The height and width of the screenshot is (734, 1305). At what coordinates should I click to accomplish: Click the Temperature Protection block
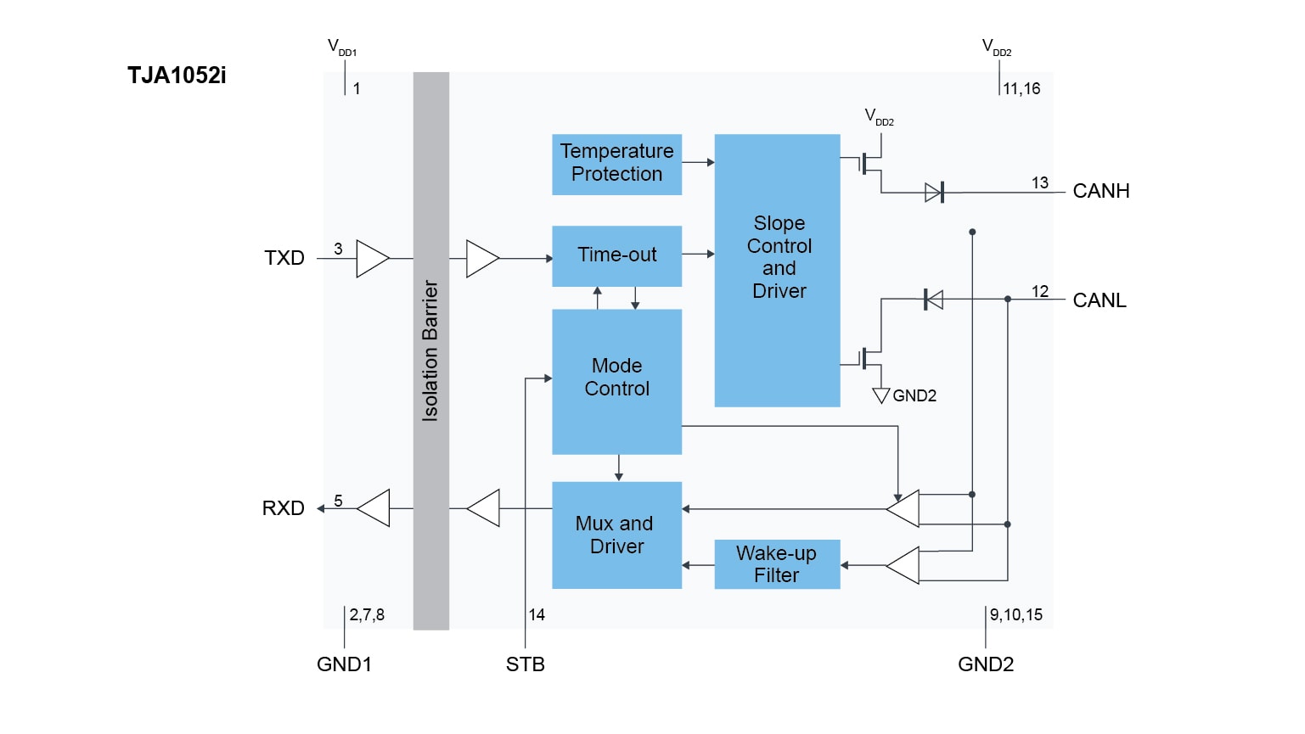click(616, 164)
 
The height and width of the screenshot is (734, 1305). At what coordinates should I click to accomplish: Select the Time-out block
click(616, 255)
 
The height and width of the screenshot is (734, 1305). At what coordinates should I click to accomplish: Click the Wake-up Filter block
click(777, 564)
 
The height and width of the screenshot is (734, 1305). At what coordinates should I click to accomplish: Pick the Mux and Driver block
click(616, 535)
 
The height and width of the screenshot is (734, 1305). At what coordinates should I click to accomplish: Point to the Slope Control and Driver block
click(777, 270)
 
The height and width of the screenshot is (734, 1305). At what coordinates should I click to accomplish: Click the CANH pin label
click(1101, 191)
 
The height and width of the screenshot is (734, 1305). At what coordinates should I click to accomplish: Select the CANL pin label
click(1100, 300)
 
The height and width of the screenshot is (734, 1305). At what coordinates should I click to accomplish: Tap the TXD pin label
click(284, 258)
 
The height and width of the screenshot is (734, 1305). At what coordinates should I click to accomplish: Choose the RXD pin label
click(283, 508)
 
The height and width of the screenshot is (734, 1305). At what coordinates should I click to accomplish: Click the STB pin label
click(526, 664)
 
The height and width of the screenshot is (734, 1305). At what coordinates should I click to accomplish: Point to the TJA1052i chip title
click(177, 76)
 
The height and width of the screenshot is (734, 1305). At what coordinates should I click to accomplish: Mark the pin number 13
click(1040, 182)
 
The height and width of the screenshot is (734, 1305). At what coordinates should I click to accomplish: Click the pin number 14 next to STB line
click(537, 614)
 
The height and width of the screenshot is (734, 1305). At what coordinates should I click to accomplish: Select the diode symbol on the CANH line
click(934, 193)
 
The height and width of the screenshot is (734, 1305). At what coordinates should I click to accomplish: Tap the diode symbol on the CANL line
click(933, 299)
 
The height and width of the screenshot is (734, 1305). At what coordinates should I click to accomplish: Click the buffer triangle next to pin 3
click(372, 259)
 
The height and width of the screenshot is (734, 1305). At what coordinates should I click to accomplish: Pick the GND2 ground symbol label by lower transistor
click(914, 395)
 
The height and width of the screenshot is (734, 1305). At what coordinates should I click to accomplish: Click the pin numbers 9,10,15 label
click(1016, 614)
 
